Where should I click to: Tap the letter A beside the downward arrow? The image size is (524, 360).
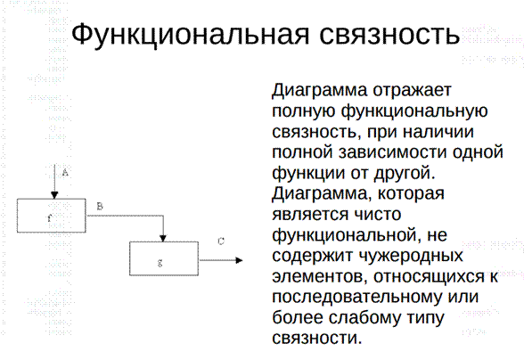click(x=65, y=173)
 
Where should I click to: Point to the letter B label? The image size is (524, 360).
click(x=100, y=207)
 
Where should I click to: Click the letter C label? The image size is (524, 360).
click(x=221, y=241)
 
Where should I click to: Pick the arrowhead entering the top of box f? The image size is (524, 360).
click(x=54, y=195)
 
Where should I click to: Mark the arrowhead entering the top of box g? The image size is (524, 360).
click(x=163, y=238)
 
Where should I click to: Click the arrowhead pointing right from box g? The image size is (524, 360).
click(x=239, y=260)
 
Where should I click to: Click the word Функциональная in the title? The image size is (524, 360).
click(x=190, y=35)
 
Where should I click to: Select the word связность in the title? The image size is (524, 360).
click(x=389, y=35)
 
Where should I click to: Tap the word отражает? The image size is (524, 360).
click(x=412, y=90)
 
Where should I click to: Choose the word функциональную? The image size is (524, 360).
click(x=414, y=111)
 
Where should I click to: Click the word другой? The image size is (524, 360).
click(x=405, y=174)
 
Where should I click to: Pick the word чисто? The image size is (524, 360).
click(x=377, y=215)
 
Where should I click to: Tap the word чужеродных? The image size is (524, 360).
click(x=411, y=257)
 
